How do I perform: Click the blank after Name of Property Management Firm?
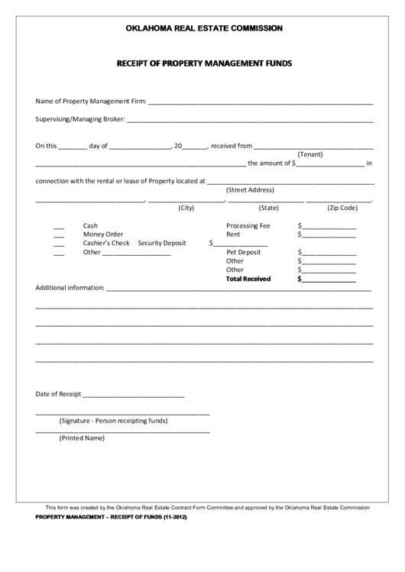[x=260, y=102]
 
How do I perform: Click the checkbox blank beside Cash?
[x=59, y=228]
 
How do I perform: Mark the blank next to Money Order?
[x=59, y=237]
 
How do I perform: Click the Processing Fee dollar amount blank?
[x=329, y=228]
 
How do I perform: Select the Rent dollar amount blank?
[x=329, y=237]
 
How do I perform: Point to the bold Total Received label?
[x=248, y=279]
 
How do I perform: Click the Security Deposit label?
[x=162, y=243]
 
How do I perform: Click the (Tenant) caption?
[x=311, y=154]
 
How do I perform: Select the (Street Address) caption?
[x=250, y=190]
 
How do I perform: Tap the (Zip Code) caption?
[x=342, y=208]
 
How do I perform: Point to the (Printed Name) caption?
[x=82, y=438]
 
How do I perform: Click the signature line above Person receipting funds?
[x=122, y=413]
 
